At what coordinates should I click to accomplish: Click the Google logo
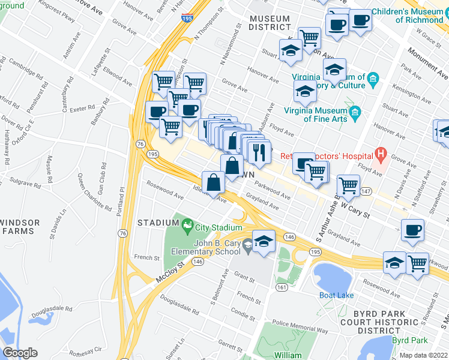[20, 352]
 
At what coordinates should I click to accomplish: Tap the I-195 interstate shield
[188, 19]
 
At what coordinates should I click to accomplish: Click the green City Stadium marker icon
[187, 226]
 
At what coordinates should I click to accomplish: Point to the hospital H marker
[379, 154]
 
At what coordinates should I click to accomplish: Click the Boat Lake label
[336, 295]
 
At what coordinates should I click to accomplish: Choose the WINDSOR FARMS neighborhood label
[20, 227]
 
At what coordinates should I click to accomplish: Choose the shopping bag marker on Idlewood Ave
[214, 181]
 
